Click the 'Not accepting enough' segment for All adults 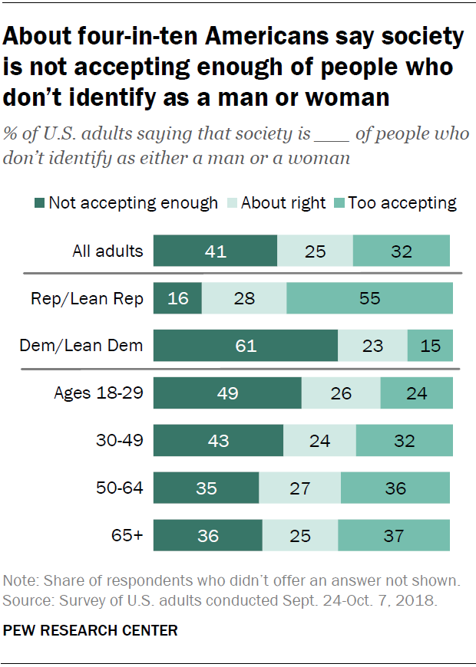215,251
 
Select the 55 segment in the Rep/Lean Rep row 369,298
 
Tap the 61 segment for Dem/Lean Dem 246,346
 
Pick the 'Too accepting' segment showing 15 430,346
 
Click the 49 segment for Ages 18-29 227,393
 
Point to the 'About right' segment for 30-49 319,441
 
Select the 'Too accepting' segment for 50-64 395,488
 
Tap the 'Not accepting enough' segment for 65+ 208,535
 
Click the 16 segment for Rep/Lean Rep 177,298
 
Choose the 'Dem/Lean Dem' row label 81,346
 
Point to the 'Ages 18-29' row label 98,393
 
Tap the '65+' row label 127,535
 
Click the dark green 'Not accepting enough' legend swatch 39,203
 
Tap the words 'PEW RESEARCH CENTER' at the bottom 91,630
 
